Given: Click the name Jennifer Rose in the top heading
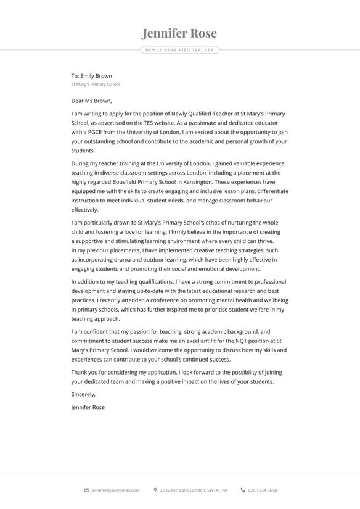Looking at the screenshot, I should [179, 33].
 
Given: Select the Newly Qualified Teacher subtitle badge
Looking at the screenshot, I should [180, 50].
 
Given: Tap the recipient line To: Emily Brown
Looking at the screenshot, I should [91, 76].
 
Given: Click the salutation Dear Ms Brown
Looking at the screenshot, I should [91, 101].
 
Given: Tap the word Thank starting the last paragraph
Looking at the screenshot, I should [80, 372].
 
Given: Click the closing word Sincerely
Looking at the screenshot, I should [83, 394].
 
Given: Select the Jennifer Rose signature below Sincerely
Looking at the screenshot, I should [88, 407].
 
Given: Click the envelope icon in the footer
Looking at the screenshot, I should [86, 490].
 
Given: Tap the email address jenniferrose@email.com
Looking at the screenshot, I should [115, 490].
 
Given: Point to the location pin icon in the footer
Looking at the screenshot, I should [155, 490].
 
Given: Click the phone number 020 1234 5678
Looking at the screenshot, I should [262, 490].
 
